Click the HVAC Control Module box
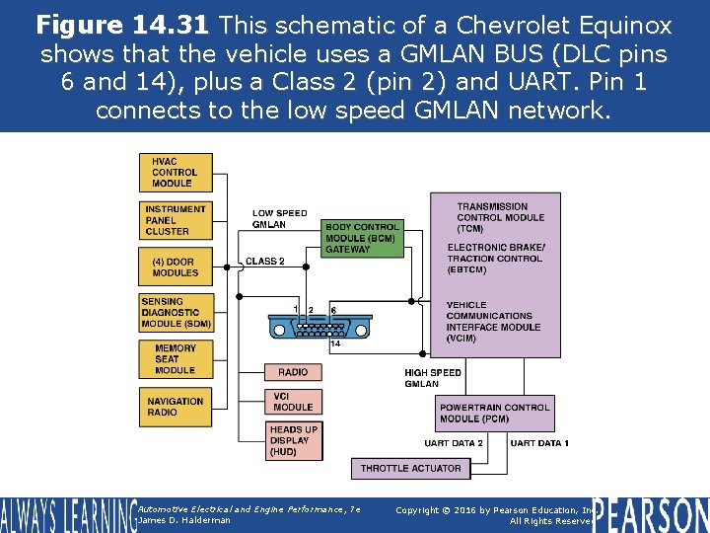coord(176,172)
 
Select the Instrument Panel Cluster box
coord(176,220)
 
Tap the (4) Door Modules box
coord(176,266)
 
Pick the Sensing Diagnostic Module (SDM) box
coord(176,313)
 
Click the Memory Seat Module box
coord(176,359)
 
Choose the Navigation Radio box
coord(176,406)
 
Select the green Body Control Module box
coord(362,238)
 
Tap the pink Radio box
coord(293,372)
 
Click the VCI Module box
coord(293,401)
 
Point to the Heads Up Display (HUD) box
coord(293,440)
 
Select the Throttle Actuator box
coord(410,468)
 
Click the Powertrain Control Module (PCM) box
coord(494,413)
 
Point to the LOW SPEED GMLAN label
coord(280,219)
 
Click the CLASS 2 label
coord(264,262)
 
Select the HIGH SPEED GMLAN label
coord(433,378)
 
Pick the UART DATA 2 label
coord(454,443)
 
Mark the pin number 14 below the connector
coord(335,344)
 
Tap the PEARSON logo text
coord(651,513)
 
